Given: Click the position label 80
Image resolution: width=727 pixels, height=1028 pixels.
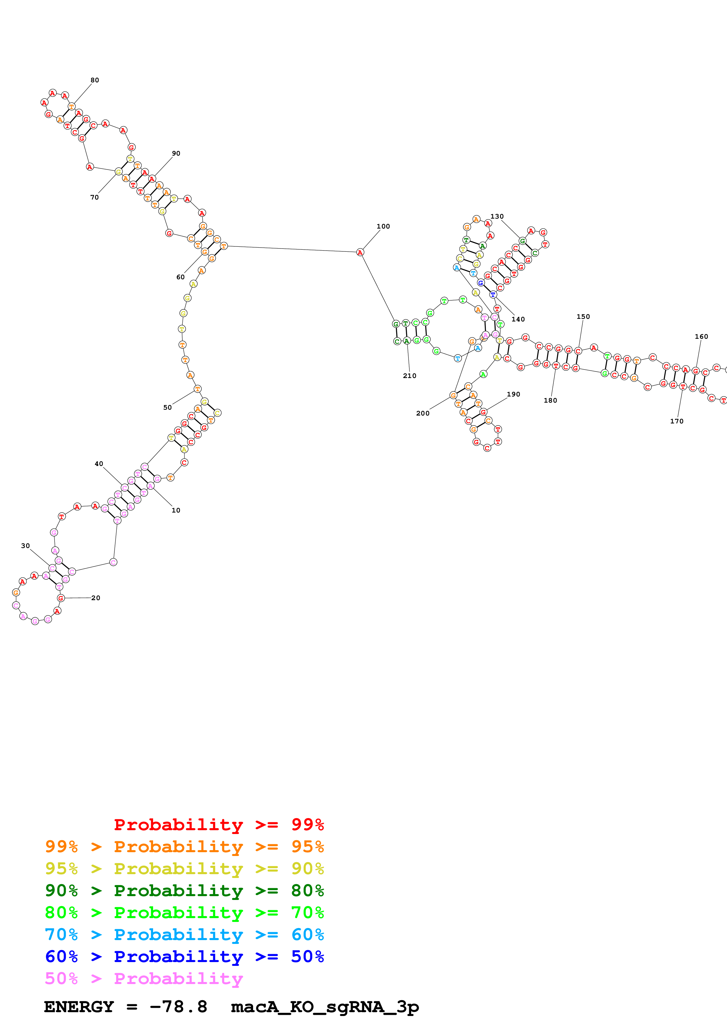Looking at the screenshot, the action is pos(94,80).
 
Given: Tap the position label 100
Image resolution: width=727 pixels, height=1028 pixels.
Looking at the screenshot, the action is pos(383,226).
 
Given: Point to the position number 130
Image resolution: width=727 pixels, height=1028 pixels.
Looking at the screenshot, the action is pos(497,216).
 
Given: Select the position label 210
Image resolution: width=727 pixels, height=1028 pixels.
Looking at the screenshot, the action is pos(409,376).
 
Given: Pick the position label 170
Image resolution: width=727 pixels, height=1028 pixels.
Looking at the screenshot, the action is pos(676,421).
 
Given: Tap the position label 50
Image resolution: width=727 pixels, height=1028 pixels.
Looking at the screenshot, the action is pos(167,407).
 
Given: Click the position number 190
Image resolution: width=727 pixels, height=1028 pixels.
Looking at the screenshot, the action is pos(513,394).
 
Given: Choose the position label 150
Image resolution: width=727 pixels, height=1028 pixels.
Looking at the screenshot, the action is pos(583,316).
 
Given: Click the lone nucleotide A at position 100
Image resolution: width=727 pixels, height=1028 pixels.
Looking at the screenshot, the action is pos(360,253).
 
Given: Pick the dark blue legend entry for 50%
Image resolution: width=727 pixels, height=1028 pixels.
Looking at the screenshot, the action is pos(184,956).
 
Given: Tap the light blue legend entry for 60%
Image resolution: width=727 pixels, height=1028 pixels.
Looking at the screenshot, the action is pos(184,935).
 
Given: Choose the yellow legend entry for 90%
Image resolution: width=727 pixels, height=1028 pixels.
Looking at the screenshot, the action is pos(184,868).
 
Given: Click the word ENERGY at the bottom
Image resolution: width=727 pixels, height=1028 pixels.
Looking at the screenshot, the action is pos(79,1007).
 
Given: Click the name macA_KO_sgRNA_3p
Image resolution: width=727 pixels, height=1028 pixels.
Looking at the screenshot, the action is pos(325,1007).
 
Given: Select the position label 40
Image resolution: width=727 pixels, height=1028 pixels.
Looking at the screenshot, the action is pos(99,464).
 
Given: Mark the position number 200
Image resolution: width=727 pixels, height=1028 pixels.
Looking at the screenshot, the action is pos(422,413).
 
